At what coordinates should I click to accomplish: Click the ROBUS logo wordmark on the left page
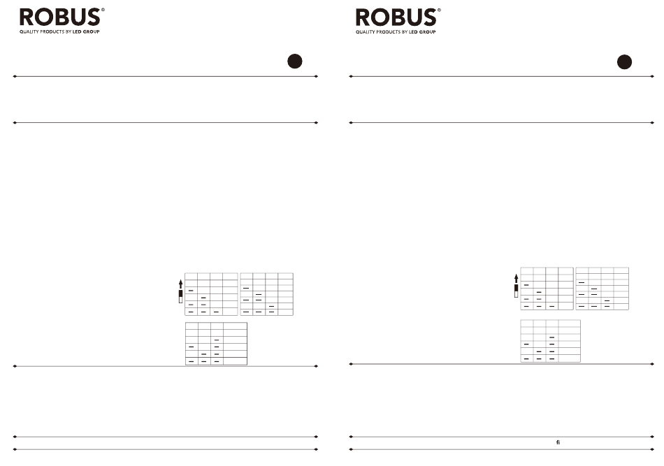click(x=60, y=17)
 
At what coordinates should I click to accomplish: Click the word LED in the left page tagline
click(x=77, y=31)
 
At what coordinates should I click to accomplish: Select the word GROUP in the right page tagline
click(x=427, y=31)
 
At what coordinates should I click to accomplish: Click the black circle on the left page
click(x=295, y=61)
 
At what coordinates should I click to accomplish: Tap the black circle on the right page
click(x=624, y=61)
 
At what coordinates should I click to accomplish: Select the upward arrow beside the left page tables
click(x=181, y=284)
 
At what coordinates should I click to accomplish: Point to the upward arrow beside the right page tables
click(x=517, y=279)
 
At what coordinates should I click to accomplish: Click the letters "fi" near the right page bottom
click(x=558, y=442)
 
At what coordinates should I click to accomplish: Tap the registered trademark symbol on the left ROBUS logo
click(x=103, y=9)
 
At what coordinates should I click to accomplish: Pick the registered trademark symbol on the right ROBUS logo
click(x=439, y=9)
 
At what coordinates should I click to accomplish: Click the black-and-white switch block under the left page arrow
click(x=181, y=296)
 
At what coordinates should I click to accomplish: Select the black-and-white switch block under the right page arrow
click(x=517, y=291)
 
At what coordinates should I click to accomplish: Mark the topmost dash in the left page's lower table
click(x=217, y=340)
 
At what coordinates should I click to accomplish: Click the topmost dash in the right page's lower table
click(x=551, y=337)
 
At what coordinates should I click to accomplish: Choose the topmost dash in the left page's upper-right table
click(x=246, y=289)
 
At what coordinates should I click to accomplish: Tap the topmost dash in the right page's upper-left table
click(x=526, y=285)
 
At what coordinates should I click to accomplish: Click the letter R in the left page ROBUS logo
click(x=27, y=17)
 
